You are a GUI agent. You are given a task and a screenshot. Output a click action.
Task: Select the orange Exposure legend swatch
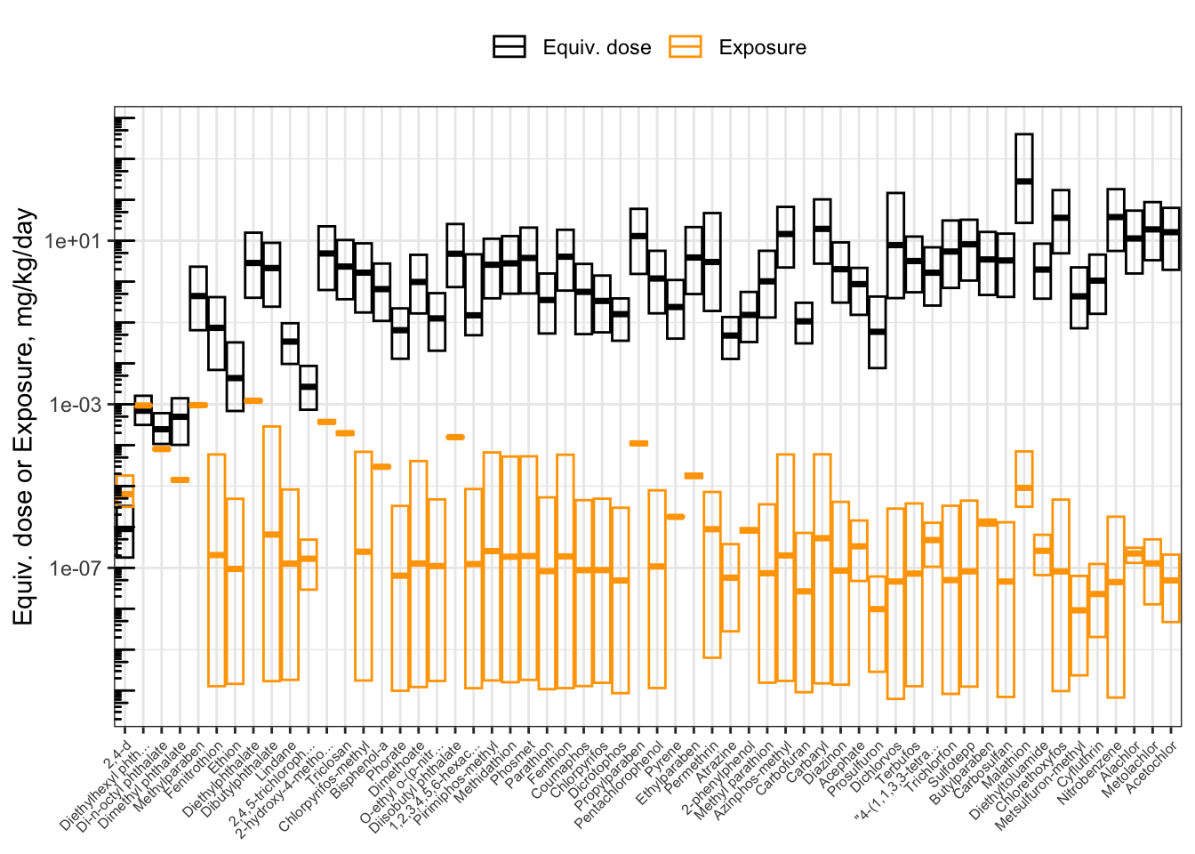[686, 47]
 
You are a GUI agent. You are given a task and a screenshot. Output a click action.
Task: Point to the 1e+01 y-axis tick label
[75, 242]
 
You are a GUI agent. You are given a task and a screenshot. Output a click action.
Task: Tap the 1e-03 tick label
[75, 405]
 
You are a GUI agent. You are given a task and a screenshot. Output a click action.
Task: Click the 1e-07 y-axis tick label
[75, 568]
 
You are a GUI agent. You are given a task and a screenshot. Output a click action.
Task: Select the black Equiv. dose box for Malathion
[1024, 178]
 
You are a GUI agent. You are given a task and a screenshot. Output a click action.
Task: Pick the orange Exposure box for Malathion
[1024, 479]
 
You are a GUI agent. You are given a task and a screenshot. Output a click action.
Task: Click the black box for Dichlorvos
[895, 245]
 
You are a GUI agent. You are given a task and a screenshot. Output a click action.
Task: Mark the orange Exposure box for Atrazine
[730, 587]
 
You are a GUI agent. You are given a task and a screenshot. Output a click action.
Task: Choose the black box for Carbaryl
[822, 231]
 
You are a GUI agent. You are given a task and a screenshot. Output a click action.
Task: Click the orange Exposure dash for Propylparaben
[638, 443]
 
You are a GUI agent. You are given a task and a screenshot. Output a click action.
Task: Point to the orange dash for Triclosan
[345, 433]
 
